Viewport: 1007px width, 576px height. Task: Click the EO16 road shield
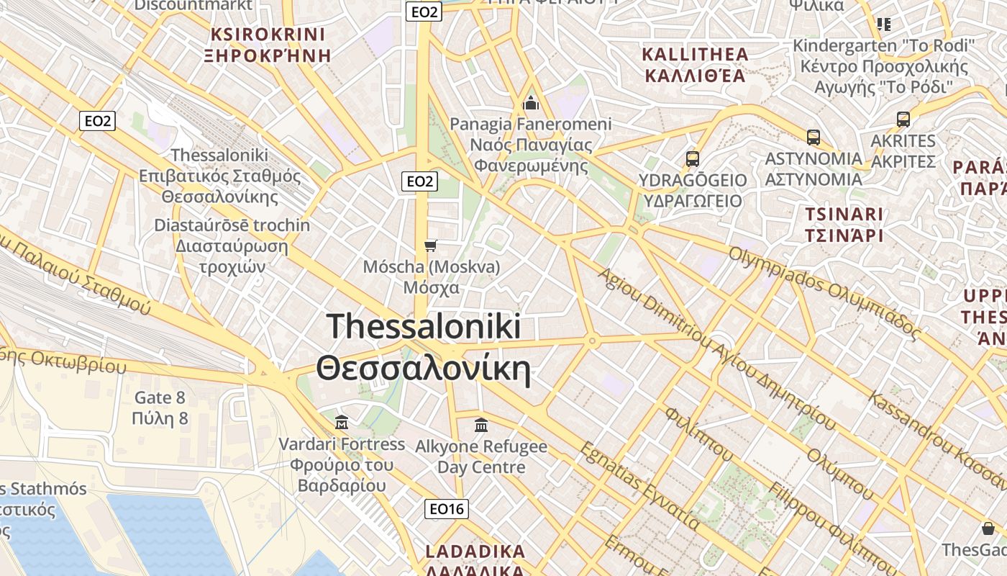446,509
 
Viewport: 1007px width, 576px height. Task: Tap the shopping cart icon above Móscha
431,246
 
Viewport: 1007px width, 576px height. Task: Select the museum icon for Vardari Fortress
342,422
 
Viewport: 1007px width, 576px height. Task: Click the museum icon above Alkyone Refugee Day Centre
481,425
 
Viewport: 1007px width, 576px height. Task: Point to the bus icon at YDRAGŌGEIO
692,159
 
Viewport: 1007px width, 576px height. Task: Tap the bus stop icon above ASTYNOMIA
814,138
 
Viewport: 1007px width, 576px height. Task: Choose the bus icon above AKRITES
903,120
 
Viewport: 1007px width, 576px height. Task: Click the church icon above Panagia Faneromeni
531,104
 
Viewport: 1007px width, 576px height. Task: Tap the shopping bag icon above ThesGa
988,529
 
